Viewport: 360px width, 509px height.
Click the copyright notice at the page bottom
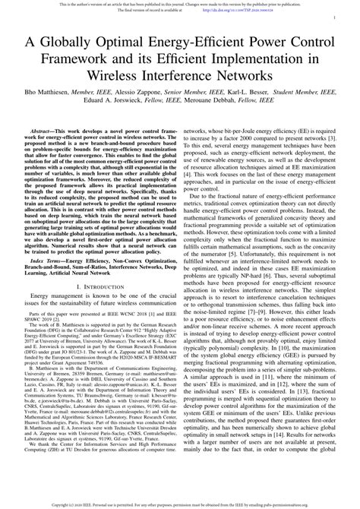pyautogui.click(x=180, y=504)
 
